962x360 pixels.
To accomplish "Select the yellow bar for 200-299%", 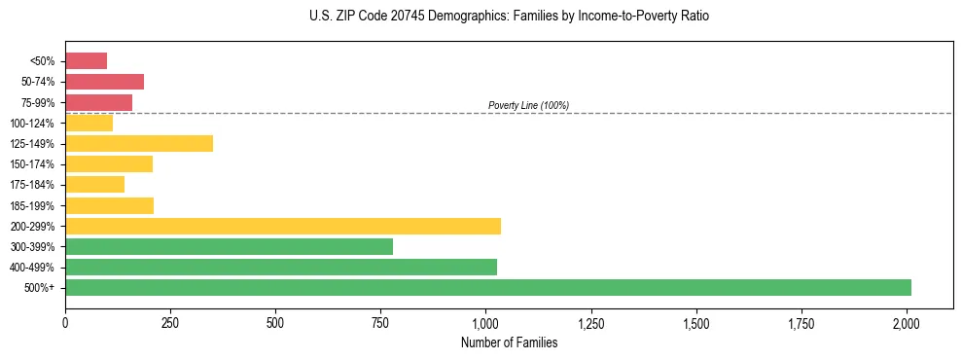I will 283,226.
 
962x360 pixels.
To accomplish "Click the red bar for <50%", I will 86,61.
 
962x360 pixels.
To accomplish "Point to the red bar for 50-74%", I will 104,82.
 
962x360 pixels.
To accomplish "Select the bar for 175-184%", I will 94,185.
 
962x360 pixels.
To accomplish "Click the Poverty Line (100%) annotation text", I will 528,105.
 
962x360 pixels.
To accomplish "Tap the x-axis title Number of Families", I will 509,342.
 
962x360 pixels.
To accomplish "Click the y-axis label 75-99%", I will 37,103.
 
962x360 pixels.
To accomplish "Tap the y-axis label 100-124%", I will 33,124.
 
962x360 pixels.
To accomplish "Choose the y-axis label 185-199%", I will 33,206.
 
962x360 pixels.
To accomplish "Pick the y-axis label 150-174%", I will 33,164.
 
